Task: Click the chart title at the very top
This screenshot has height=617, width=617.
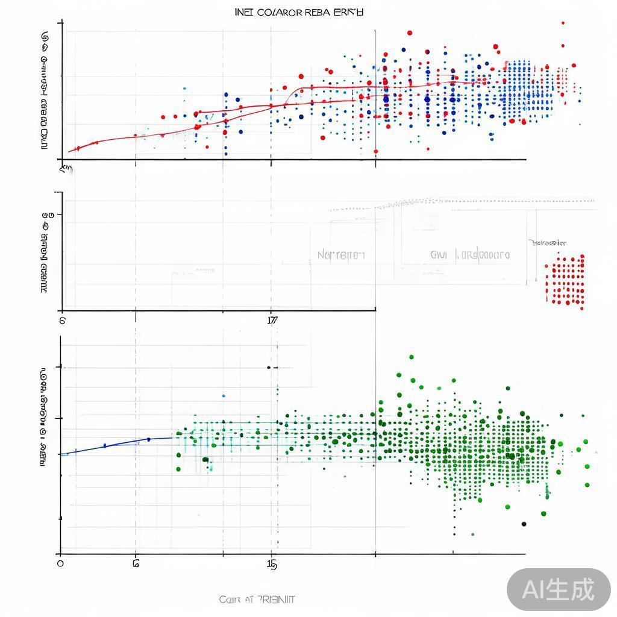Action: pyautogui.click(x=299, y=12)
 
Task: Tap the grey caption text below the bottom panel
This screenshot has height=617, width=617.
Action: pyautogui.click(x=257, y=600)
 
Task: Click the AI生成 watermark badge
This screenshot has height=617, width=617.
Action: pyautogui.click(x=558, y=589)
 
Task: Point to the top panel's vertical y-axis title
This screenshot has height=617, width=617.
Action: pyautogui.click(x=45, y=90)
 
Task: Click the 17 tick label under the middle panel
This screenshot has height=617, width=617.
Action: pyautogui.click(x=272, y=320)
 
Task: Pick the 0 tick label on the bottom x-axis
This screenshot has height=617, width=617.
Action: pyautogui.click(x=60, y=563)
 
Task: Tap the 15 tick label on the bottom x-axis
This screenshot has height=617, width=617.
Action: pyautogui.click(x=272, y=565)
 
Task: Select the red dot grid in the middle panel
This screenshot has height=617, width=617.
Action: pyautogui.click(x=565, y=280)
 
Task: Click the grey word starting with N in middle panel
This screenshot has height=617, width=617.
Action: pyautogui.click(x=341, y=255)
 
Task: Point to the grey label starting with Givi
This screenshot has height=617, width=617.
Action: pyautogui.click(x=470, y=255)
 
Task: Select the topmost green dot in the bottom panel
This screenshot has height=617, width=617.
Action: pyautogui.click(x=412, y=357)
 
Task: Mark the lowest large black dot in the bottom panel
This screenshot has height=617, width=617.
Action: pyautogui.click(x=524, y=524)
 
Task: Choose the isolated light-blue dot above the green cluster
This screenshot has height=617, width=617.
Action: pyautogui.click(x=224, y=396)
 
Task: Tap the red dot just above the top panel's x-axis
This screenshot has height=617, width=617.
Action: pyautogui.click(x=376, y=151)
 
